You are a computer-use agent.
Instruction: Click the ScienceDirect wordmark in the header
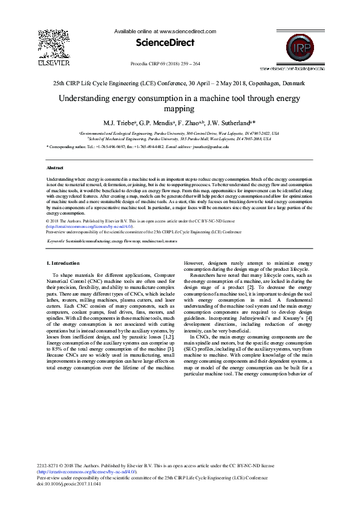click(x=165, y=42)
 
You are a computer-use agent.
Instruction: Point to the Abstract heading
click(x=56, y=167)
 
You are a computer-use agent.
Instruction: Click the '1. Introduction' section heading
click(x=63, y=263)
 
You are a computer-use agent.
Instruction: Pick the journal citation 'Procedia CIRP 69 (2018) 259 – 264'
click(x=165, y=63)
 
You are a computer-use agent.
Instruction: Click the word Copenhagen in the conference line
click(x=261, y=83)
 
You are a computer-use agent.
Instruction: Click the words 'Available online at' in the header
click(x=136, y=30)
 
